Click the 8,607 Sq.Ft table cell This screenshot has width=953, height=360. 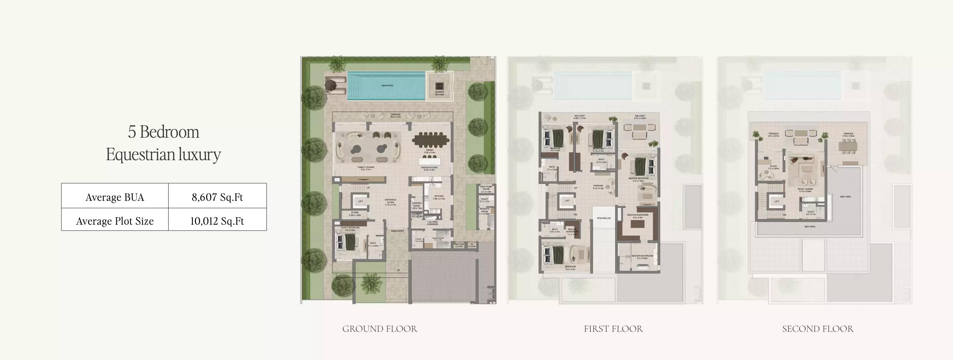pyautogui.click(x=217, y=197)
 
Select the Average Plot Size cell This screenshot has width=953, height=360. pyautogui.click(x=115, y=221)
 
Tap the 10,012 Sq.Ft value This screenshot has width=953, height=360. pyautogui.click(x=217, y=221)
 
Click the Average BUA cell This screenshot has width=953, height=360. pyautogui.click(x=115, y=197)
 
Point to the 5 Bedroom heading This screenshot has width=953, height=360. pyautogui.click(x=164, y=132)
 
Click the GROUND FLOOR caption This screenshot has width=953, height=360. pyautogui.click(x=379, y=328)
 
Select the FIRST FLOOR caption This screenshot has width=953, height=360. pyautogui.click(x=613, y=328)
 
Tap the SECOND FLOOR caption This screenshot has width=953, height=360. pyautogui.click(x=818, y=328)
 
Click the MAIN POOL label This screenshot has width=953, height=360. pyautogui.click(x=387, y=86)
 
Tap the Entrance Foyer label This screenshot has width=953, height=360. pyautogui.click(x=390, y=201)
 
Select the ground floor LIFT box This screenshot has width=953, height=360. pyautogui.click(x=360, y=201)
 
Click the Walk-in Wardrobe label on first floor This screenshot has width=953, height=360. pyautogui.click(x=637, y=215)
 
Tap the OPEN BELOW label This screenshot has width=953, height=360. pyautogui.click(x=604, y=218)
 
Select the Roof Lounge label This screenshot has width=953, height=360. pyautogui.click(x=805, y=190)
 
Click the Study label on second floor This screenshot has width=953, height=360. pyautogui.click(x=773, y=167)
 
